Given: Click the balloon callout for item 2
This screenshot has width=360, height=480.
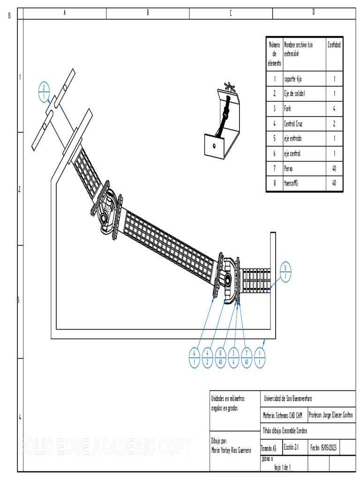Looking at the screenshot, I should click(x=44, y=92).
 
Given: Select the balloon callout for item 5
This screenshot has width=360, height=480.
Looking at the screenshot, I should click(x=285, y=272).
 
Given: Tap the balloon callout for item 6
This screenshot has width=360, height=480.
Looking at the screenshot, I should click(x=194, y=358).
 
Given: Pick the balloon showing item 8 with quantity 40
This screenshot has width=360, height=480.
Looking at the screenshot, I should click(x=220, y=358).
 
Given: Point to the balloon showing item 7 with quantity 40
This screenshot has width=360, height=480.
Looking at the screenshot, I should click(x=247, y=358).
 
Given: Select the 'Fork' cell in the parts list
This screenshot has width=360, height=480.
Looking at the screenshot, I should click(x=288, y=109).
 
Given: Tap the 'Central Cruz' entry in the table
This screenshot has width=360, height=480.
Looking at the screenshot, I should click(x=293, y=124).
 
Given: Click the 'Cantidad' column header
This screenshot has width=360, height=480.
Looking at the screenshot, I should click(x=334, y=45).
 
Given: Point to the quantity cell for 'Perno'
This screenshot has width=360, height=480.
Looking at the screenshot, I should click(x=334, y=168).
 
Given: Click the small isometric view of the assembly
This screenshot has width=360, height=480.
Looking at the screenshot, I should click(x=222, y=121).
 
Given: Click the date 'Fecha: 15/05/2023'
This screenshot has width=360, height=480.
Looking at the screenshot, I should click(x=323, y=448).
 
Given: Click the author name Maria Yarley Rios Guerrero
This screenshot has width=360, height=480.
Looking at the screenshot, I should click(x=231, y=450).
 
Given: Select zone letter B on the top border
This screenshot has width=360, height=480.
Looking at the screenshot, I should click(x=148, y=13).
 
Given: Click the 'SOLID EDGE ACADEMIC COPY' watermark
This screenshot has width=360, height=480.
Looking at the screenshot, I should click(x=105, y=445).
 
